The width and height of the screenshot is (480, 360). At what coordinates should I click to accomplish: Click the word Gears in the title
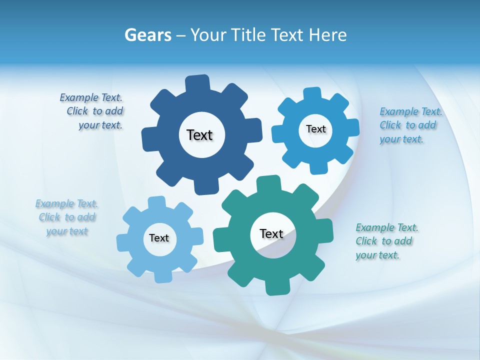tap(147, 35)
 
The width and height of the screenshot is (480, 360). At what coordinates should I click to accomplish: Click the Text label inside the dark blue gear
tap(199, 135)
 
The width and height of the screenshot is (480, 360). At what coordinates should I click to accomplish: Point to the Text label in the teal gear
tap(271, 233)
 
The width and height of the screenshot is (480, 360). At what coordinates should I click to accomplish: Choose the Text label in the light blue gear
tap(159, 238)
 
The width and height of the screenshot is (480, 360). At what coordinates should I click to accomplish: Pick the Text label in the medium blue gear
tap(315, 129)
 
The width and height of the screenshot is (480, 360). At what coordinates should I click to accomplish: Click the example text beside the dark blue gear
tap(92, 111)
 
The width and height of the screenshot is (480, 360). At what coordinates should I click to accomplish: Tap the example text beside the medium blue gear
tap(410, 125)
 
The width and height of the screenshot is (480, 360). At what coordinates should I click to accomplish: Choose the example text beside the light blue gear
tap(66, 217)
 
